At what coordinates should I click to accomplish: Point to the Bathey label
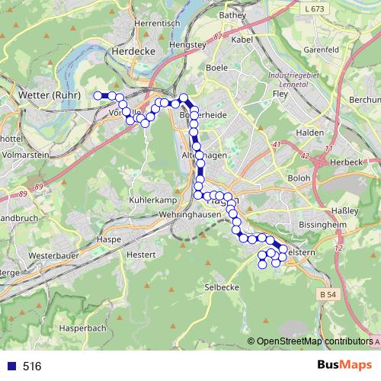point(232,14)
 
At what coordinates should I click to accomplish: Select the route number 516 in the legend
point(32,367)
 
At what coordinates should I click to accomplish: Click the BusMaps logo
point(341,367)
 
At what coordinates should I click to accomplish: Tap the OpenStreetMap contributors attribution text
point(314,342)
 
